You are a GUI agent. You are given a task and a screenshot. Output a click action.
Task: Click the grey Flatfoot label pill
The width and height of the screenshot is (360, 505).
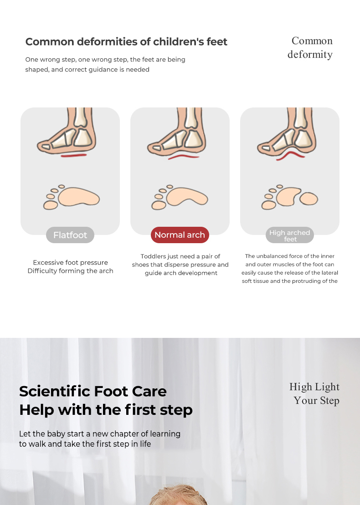coord(70,235)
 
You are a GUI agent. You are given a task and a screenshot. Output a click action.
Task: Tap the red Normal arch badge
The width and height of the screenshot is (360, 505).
coord(180,235)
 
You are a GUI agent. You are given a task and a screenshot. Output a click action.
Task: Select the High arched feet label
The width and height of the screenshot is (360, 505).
coord(290,235)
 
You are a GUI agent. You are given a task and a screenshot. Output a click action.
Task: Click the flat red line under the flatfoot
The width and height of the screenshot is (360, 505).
coord(74,156)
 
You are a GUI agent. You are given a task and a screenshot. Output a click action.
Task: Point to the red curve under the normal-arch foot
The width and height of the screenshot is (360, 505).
coord(184,157)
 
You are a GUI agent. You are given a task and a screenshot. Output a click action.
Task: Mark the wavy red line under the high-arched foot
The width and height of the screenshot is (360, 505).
coord(290,155)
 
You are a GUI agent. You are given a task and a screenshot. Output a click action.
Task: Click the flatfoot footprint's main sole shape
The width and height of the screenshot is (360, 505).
coord(79,197)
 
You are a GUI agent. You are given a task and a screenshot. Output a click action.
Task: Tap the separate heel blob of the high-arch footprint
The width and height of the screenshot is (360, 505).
coord(309,199)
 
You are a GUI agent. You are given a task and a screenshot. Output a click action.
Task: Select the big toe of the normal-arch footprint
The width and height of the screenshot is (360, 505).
coord(159,205)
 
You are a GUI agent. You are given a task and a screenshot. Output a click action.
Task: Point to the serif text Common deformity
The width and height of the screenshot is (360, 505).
coord(310,47)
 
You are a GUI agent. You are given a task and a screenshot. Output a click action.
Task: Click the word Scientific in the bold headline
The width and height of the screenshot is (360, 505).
coord(55,391)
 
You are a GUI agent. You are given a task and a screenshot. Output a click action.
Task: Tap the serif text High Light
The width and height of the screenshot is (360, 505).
coord(314,387)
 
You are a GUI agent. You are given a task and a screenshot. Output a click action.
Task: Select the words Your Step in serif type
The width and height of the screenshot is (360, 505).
coord(317,400)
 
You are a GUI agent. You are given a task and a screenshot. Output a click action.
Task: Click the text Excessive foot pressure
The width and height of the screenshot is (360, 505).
coord(70,262)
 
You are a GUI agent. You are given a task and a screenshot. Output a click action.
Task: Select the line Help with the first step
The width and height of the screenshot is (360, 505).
coord(106,410)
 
